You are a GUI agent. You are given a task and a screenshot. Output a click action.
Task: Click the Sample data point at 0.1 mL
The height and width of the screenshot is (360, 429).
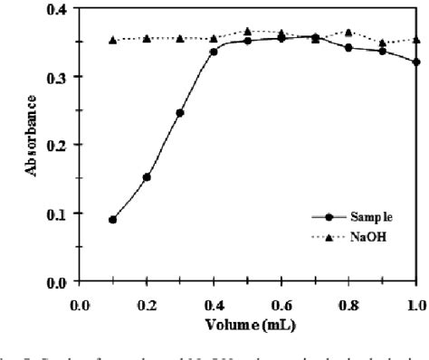click(x=113, y=220)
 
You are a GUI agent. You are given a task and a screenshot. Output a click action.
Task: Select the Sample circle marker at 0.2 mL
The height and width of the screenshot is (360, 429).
click(x=147, y=177)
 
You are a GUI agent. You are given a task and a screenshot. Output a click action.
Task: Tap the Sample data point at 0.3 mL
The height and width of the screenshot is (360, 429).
click(x=180, y=113)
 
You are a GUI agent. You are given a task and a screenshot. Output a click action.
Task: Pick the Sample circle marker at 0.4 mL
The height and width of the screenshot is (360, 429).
click(x=214, y=52)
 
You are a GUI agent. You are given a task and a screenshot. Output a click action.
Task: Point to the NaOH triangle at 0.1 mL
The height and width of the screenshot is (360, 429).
click(x=113, y=40)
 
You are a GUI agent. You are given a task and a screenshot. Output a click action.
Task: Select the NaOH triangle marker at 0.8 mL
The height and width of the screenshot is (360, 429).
click(x=348, y=33)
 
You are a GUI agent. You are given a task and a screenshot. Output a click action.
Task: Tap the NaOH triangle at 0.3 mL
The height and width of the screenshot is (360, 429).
click(x=180, y=38)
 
